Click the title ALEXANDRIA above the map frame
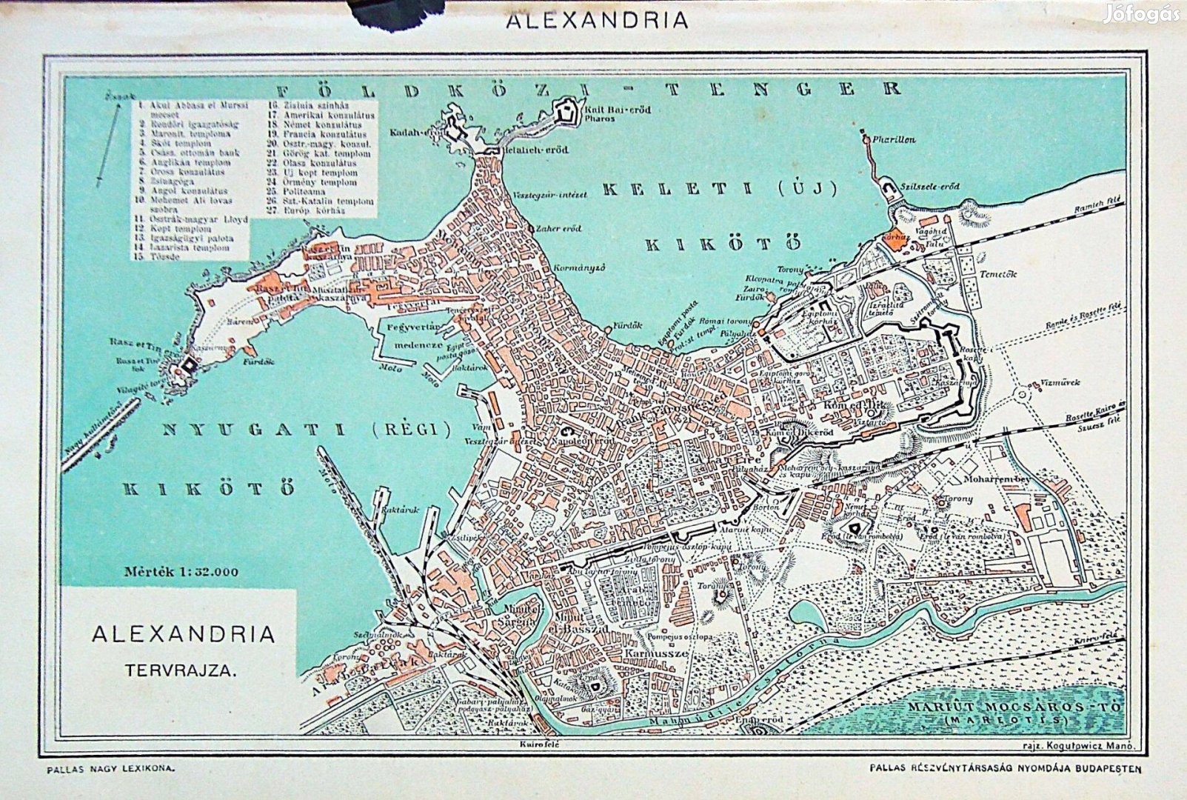(597, 20)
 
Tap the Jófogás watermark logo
(1141, 14)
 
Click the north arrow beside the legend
(108, 144)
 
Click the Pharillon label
(894, 139)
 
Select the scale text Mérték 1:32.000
(181, 571)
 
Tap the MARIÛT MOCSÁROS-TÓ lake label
(1014, 708)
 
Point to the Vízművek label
(1060, 383)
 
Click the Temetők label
(998, 274)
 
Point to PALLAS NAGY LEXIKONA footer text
(111, 770)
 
